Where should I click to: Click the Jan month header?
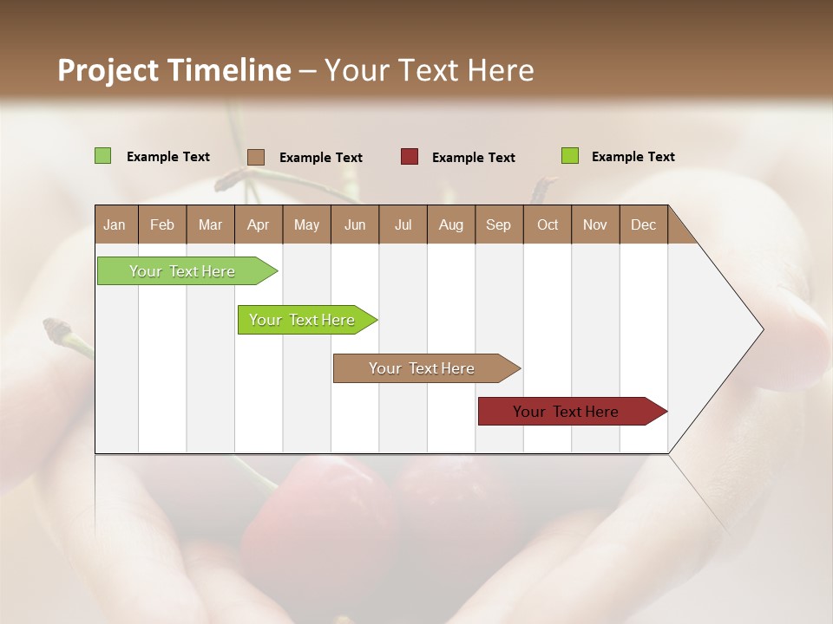[x=115, y=224]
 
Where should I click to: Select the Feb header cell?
[x=162, y=224]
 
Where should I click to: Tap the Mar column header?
[x=210, y=224]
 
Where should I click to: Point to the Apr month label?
[x=258, y=224]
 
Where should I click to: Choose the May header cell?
[x=306, y=224]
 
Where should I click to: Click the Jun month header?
[x=355, y=224]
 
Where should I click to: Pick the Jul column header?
[x=403, y=224]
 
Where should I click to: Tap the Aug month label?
[x=450, y=224]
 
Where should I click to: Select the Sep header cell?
[x=498, y=224]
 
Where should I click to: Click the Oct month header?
[x=548, y=224]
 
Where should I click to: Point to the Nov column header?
[x=595, y=224]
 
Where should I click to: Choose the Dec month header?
[x=643, y=224]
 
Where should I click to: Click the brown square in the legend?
[x=256, y=157]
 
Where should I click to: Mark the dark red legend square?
[x=410, y=157]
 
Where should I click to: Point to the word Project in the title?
[x=108, y=70]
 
